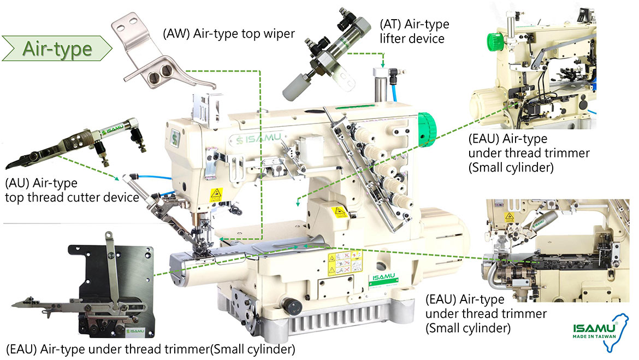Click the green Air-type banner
[57, 49]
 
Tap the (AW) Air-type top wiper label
[229, 34]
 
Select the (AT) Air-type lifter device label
[414, 32]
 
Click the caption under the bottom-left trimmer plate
[150, 348]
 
